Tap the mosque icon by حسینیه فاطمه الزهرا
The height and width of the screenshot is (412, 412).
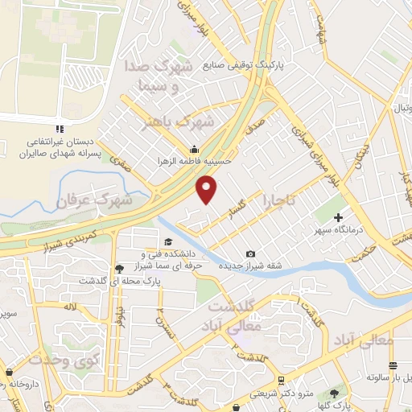pos(193,149)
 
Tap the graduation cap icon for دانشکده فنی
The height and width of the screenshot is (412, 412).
pos(168,242)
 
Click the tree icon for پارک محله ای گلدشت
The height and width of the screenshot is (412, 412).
pos(119,269)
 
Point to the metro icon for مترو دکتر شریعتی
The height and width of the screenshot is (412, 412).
pos(279,380)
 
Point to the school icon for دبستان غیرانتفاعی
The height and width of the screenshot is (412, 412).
pos(59,128)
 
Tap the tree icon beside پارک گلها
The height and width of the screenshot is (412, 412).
pos(333,393)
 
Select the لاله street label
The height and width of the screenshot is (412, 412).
pos(72,307)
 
